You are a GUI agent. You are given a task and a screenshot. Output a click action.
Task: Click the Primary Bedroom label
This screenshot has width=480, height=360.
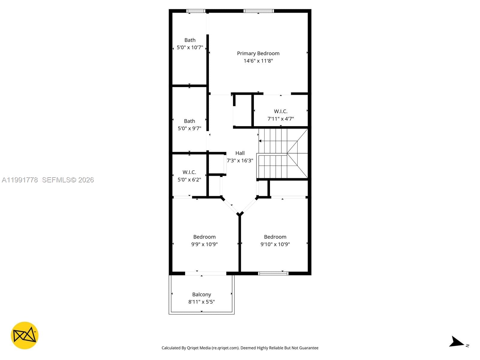pos(258,53)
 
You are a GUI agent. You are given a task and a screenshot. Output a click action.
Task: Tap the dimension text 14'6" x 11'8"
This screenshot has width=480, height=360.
pos(258,61)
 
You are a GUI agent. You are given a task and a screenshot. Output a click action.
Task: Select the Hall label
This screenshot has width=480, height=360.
pos(240,153)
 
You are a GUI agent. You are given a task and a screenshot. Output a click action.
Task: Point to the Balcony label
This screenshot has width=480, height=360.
pos(202,295)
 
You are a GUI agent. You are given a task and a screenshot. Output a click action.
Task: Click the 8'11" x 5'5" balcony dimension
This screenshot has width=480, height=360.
pos(202,302)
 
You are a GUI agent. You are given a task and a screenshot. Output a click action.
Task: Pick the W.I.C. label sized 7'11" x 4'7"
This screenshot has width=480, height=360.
pos(280,111)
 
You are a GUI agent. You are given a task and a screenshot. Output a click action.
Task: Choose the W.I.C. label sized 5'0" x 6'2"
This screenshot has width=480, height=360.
pos(189,172)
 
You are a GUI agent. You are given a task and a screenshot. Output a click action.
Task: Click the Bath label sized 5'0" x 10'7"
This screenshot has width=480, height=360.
pos(190,40)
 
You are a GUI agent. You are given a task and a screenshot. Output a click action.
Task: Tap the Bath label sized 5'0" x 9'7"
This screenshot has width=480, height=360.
pos(189,121)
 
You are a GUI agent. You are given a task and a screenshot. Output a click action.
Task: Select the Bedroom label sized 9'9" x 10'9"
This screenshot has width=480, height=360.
pos(204,237)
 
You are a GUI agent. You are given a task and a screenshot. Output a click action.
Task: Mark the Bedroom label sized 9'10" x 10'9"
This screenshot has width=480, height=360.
pos(275,237)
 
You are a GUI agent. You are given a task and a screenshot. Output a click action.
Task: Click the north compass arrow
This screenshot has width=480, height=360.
pos(457,342)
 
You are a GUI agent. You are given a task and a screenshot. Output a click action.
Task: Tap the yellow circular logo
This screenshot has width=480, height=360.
pos(25,335)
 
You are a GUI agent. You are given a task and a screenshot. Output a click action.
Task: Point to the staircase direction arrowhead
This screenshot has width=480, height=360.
pos(260,141)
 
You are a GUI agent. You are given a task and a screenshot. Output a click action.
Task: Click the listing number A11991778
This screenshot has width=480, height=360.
pos(20,180)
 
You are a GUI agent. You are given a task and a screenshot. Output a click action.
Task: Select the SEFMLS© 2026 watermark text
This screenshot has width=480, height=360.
pos(68,180)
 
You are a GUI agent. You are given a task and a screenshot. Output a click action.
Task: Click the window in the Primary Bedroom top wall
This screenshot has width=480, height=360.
pos(259,11)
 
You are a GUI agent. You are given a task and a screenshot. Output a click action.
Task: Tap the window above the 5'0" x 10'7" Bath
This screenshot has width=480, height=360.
pos(196,11)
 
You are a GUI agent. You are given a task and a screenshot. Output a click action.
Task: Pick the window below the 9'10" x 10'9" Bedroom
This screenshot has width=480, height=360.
pos(273,273)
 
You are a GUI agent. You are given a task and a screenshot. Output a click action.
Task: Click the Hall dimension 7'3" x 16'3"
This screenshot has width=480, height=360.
pos(240,160)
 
